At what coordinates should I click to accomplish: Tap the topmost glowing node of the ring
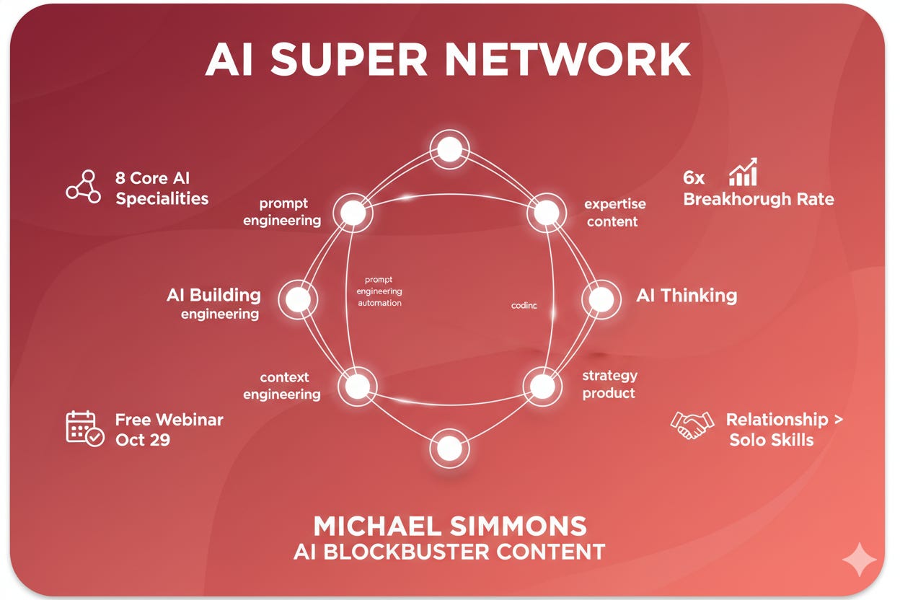pos(449,150)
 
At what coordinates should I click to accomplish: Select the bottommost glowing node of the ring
pos(449,449)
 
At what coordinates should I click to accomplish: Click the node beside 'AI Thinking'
pos(601,299)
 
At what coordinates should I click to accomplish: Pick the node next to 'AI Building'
pos(298,299)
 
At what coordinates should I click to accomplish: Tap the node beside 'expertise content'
pos(546,213)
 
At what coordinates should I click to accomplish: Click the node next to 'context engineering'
pos(356,386)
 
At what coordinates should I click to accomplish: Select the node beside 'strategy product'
pos(542,386)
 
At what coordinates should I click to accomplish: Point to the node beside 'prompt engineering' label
pos(353,213)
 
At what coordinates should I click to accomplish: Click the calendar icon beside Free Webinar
pos(84,428)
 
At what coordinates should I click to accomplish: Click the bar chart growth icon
pos(743,173)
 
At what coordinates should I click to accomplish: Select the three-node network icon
pos(84,187)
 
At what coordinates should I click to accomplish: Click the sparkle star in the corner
pos(860,560)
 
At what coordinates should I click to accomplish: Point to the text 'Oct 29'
pos(143,439)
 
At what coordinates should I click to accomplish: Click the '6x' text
pos(694,177)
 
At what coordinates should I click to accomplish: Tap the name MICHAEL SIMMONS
pos(450,525)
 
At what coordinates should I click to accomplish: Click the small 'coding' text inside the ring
pos(524,305)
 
